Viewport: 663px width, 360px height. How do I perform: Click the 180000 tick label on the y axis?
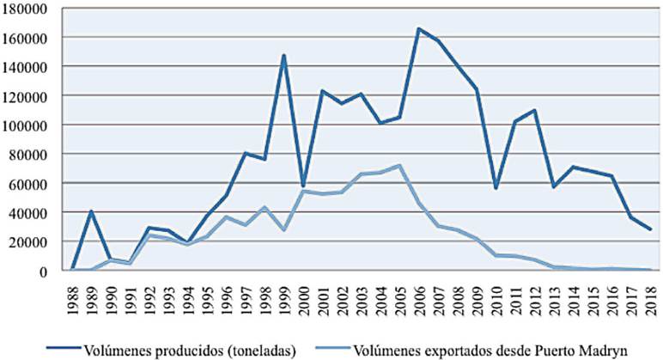(27, 8)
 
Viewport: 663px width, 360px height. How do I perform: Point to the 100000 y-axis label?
(27, 125)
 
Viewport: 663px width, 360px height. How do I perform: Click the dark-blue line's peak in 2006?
(419, 29)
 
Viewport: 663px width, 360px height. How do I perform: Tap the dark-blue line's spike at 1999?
(283, 56)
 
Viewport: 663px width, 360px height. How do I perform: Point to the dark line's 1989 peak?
(91, 211)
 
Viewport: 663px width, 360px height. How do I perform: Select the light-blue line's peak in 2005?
(399, 165)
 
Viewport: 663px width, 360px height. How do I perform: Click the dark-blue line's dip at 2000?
(303, 186)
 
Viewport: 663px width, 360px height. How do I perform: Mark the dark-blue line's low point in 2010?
(496, 187)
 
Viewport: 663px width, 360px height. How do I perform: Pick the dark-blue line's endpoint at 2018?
(651, 229)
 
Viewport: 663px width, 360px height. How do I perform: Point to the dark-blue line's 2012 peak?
(535, 110)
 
